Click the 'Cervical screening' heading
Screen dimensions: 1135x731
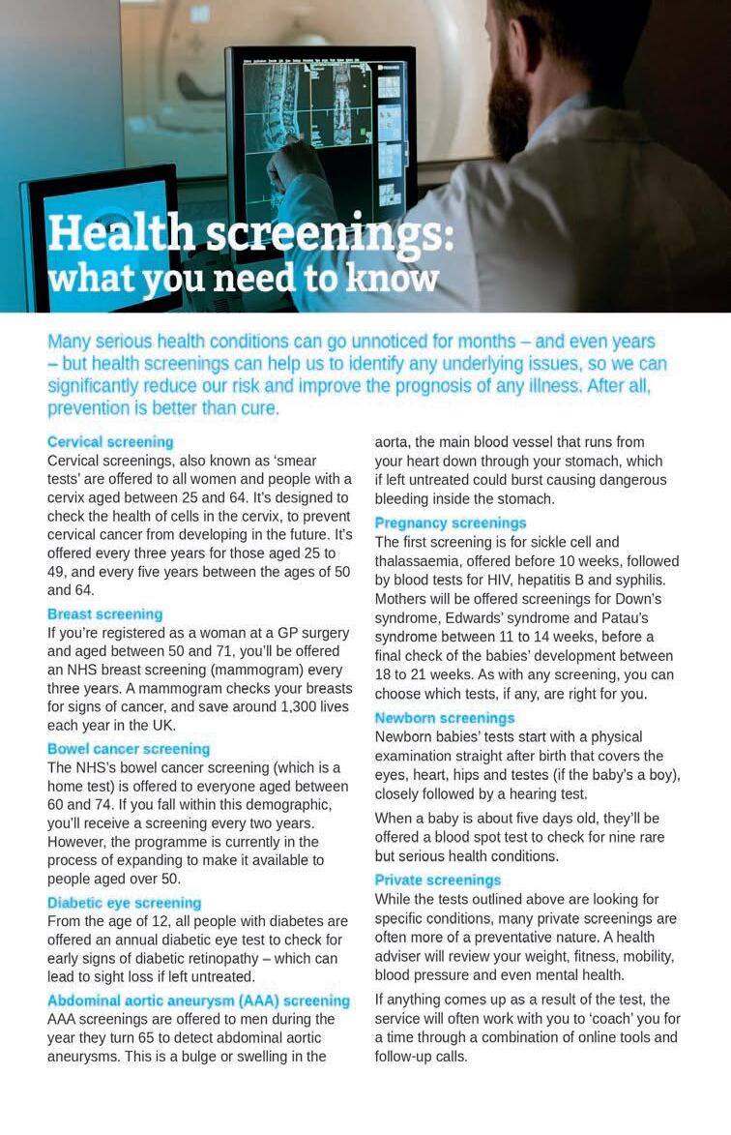(110, 442)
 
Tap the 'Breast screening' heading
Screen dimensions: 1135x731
(104, 614)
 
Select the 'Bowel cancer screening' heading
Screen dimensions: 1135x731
(129, 749)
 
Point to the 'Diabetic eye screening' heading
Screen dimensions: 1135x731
(124, 903)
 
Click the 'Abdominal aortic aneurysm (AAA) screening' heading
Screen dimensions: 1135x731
(199, 1001)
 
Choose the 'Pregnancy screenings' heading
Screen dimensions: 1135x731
(451, 523)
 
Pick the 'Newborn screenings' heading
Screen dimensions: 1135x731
(445, 718)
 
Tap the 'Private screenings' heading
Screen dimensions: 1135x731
(438, 881)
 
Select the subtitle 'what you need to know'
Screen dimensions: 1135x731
(243, 279)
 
